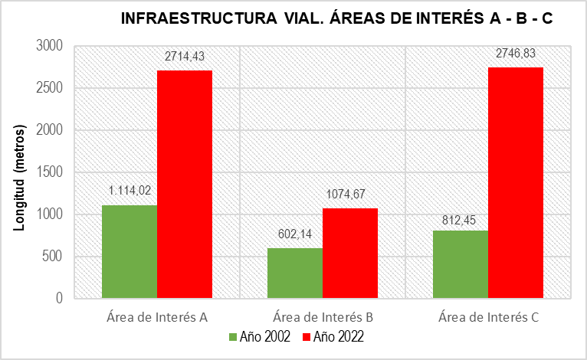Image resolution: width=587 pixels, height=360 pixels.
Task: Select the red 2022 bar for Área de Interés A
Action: [185, 184]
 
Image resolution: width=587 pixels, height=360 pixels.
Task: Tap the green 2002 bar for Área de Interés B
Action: [294, 273]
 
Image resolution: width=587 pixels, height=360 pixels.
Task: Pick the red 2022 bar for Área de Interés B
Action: [350, 253]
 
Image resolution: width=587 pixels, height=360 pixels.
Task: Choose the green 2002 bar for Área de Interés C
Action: [460, 264]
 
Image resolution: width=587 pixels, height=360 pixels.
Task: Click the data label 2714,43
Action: [185, 56]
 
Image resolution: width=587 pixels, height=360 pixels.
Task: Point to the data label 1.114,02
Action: [129, 190]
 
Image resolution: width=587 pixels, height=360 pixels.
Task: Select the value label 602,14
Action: [294, 233]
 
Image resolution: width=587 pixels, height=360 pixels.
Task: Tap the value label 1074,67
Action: [350, 193]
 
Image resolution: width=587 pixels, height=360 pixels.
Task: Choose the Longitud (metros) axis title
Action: [20, 172]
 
